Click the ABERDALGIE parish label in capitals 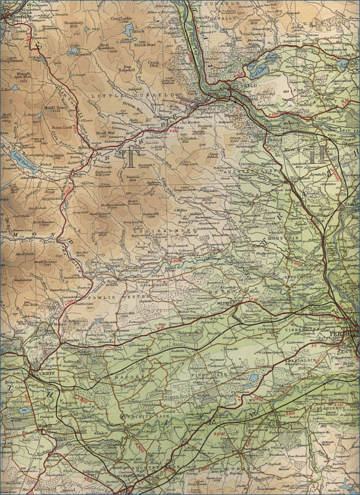319,358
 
